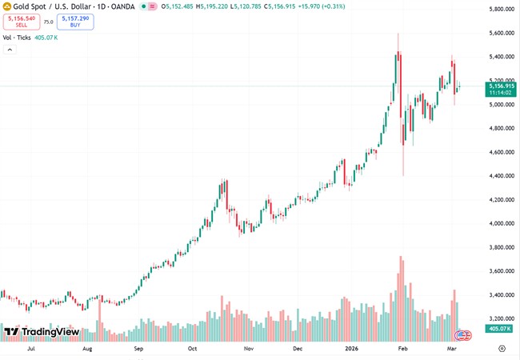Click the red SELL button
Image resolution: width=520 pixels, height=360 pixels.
21,22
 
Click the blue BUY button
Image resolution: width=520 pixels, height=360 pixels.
75,22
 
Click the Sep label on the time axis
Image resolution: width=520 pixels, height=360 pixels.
139,349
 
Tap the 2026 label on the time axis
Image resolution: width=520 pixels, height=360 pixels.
350,349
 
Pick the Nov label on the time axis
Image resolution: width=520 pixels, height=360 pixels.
249,349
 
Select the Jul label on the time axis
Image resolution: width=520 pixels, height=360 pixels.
31,349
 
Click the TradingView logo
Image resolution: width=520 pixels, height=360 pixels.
41,332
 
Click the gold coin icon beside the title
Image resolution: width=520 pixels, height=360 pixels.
7,6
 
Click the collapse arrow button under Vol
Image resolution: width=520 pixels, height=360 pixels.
10,50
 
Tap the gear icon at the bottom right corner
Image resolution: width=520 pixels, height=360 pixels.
502,349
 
